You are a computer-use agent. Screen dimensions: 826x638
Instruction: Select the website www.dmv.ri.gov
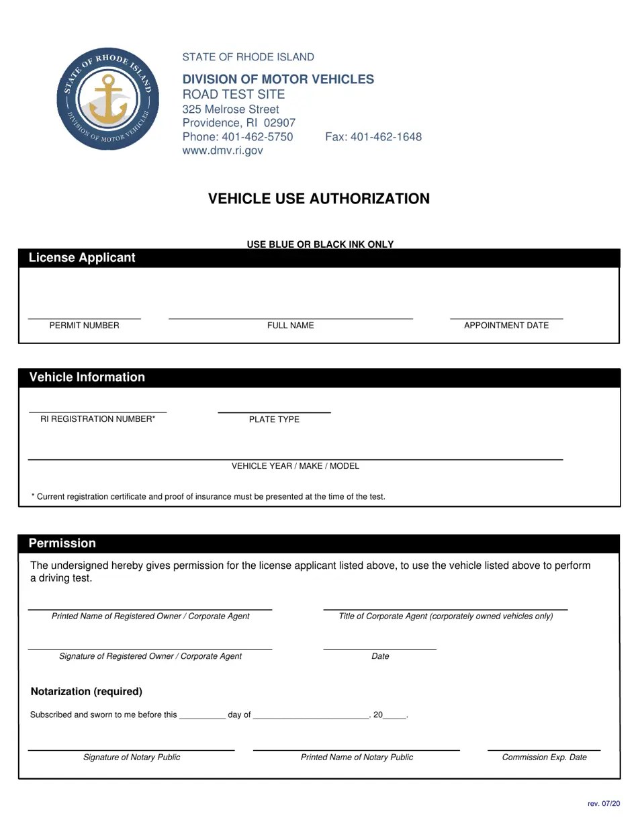[222, 150]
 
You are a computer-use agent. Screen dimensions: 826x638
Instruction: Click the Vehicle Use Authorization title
[318, 199]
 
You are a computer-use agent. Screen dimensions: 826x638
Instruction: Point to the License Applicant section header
[82, 258]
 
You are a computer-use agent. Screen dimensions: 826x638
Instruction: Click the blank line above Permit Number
[84, 318]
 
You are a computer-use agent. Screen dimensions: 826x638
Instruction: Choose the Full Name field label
[290, 326]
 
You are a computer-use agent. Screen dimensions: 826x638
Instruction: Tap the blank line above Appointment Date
[506, 318]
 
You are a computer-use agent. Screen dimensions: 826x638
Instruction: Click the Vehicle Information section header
[87, 377]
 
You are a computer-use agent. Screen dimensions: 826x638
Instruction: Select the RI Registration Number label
[97, 419]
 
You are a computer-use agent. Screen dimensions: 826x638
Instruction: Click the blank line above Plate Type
[274, 411]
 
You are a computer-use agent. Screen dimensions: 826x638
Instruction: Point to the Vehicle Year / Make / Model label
[295, 466]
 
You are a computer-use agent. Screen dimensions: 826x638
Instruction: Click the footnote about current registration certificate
[208, 497]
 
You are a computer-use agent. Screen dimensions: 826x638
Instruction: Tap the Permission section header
[62, 543]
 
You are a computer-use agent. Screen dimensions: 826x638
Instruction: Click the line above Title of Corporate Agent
[445, 609]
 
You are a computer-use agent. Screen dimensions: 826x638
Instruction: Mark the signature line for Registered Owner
[150, 649]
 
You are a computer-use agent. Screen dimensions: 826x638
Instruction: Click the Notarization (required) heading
[87, 692]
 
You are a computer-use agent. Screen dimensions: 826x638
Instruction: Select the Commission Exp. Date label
[544, 758]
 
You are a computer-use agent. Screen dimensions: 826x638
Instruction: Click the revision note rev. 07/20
[604, 804]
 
